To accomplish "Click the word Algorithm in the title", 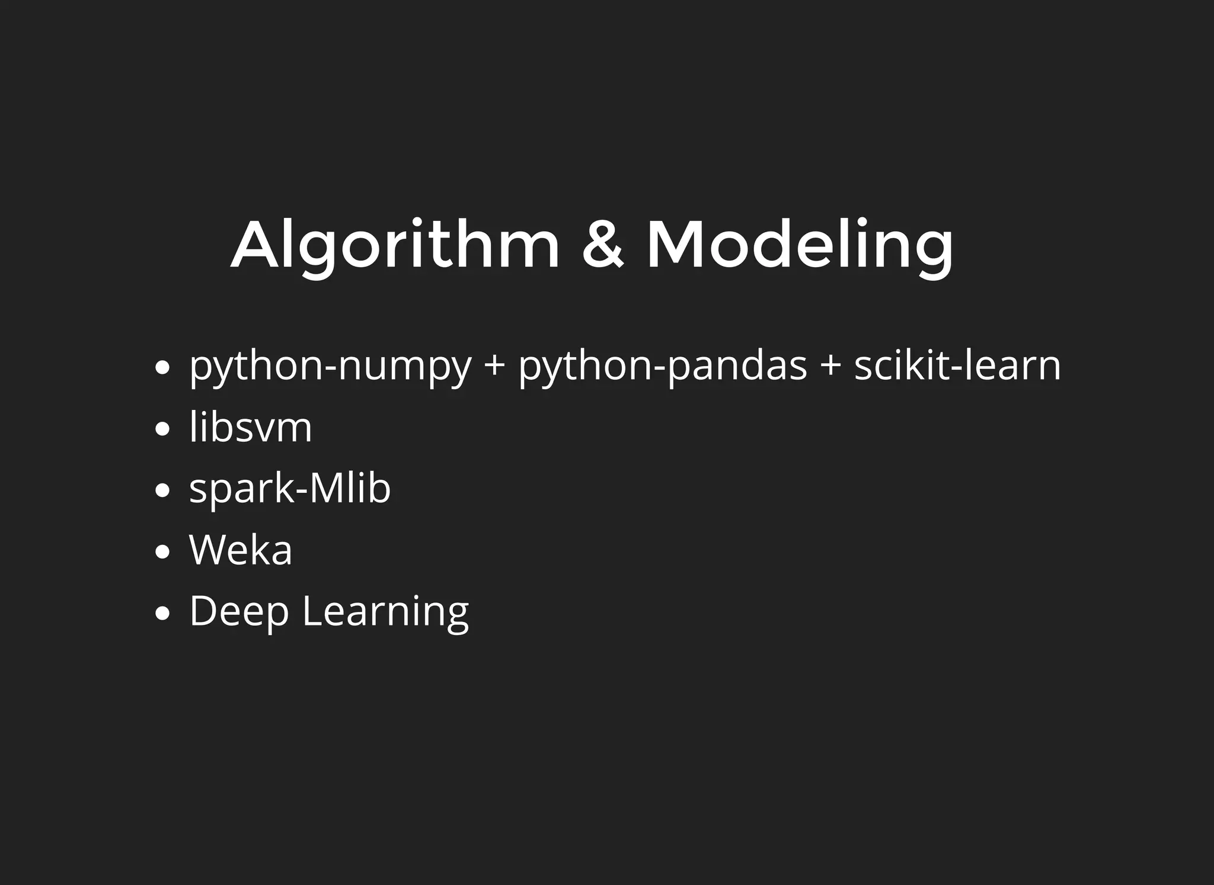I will pyautogui.click(x=395, y=245).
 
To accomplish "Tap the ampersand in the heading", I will pyautogui.click(x=603, y=245).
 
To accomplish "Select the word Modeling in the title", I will pyautogui.click(x=800, y=245).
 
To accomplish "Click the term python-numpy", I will pyautogui.click(x=330, y=366).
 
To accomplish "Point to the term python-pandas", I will pyautogui.click(x=663, y=366).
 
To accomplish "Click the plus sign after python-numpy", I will pyautogui.click(x=494, y=366).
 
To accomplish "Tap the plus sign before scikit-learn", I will pyautogui.click(x=830, y=366).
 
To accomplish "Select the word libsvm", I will pyautogui.click(x=250, y=427).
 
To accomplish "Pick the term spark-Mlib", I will pyautogui.click(x=290, y=489).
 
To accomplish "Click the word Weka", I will pyautogui.click(x=241, y=550).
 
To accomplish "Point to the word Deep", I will pyautogui.click(x=239, y=612).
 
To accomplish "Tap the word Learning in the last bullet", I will pyautogui.click(x=385, y=612).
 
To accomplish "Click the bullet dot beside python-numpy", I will pyautogui.click(x=162, y=368).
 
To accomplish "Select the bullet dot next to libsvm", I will pyautogui.click(x=162, y=429).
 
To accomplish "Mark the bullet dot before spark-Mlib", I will pyautogui.click(x=162, y=490).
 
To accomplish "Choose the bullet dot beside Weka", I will pyautogui.click(x=162, y=552).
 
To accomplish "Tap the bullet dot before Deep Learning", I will pyautogui.click(x=162, y=614).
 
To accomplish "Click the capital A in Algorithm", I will pyautogui.click(x=255, y=245).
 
